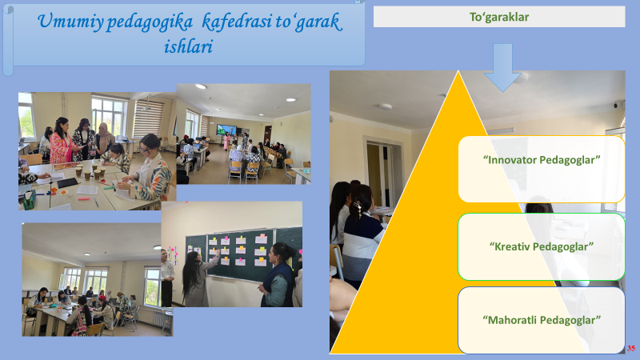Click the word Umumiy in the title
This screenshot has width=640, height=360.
70,22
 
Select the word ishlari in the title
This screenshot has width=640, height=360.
188,46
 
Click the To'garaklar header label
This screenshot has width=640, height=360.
498,17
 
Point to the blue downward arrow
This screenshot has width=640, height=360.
502,67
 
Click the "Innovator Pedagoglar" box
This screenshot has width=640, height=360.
542,169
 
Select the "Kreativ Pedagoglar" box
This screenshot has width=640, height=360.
542,246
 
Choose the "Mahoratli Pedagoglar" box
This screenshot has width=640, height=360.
542,320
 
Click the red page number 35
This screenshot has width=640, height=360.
631,348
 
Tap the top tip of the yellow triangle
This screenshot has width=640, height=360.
458,71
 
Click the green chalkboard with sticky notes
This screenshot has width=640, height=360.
241,254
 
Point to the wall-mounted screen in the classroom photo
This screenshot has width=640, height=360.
226,130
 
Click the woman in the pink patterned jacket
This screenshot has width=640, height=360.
61,141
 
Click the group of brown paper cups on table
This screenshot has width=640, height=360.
90,171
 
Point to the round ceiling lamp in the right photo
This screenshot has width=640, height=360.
385,106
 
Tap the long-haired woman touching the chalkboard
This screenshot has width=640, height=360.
198,278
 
